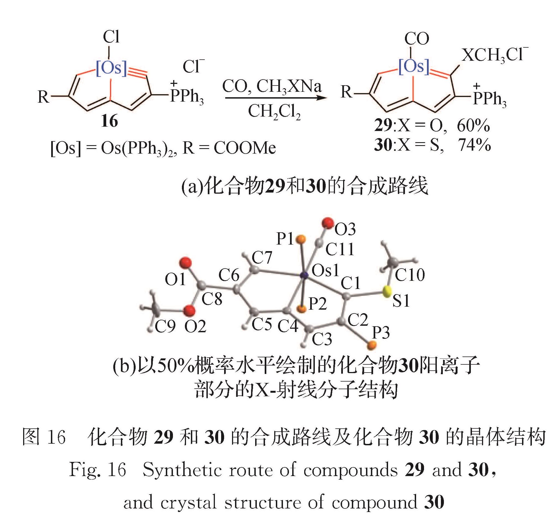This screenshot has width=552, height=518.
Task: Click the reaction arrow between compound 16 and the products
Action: coord(275,98)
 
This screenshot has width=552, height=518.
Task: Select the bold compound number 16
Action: coord(109,121)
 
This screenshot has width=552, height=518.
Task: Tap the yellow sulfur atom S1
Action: coord(386,292)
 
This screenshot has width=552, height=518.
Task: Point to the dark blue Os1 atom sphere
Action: coord(305,276)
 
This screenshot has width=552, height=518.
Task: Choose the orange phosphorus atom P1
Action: coord(301,239)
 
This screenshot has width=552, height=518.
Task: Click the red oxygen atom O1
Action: coord(185,263)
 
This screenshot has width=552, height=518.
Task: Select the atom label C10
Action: coord(410,275)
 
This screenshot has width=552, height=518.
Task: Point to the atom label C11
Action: coord(340,249)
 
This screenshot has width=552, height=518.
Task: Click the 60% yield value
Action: coord(473,126)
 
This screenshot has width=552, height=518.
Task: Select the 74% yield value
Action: coord(474,145)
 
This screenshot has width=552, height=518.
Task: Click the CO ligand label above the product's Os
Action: coord(416,39)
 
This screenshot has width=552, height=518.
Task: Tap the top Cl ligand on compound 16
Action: coord(111,37)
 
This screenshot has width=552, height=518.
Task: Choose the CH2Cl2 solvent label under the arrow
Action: coord(274,112)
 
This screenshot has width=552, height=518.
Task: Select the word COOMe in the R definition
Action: coord(245,148)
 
